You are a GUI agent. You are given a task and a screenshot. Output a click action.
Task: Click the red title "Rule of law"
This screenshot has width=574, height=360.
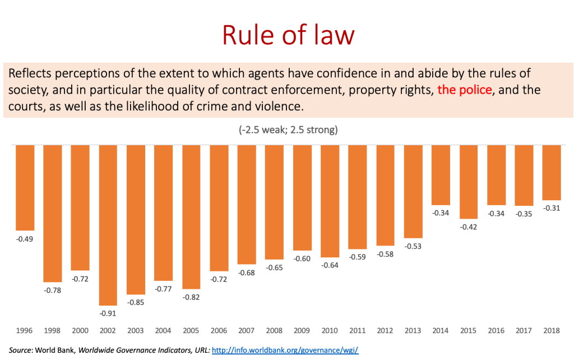(288, 35)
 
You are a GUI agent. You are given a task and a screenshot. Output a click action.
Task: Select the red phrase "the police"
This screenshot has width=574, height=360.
(465, 90)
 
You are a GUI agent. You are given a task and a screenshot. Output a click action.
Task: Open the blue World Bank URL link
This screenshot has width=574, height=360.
(285, 350)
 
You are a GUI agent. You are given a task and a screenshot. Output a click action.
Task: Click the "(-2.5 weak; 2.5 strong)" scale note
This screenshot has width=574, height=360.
(288, 130)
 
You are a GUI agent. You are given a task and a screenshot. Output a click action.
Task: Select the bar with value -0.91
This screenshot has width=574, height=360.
(108, 224)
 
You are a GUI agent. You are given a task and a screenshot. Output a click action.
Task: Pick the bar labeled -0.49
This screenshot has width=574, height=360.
(25, 188)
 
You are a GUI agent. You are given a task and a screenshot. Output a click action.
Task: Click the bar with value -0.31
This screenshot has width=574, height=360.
(552, 173)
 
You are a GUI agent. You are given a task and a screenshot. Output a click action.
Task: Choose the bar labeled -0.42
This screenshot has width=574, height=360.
(469, 182)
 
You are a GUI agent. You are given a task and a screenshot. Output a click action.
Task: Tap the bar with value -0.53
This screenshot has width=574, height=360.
(413, 192)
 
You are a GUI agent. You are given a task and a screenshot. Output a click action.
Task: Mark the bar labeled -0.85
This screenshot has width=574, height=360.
(136, 219)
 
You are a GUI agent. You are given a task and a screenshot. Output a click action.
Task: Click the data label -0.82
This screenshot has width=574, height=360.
(191, 297)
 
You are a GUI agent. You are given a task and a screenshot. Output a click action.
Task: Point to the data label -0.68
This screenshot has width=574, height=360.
(247, 273)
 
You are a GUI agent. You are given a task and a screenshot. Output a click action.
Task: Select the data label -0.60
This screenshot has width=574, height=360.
(302, 259)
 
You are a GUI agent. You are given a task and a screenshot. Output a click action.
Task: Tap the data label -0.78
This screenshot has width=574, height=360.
(53, 290)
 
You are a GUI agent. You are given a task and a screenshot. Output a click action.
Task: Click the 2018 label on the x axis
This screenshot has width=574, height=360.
(552, 331)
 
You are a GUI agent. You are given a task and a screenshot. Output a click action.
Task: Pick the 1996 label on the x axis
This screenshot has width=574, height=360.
(25, 331)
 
